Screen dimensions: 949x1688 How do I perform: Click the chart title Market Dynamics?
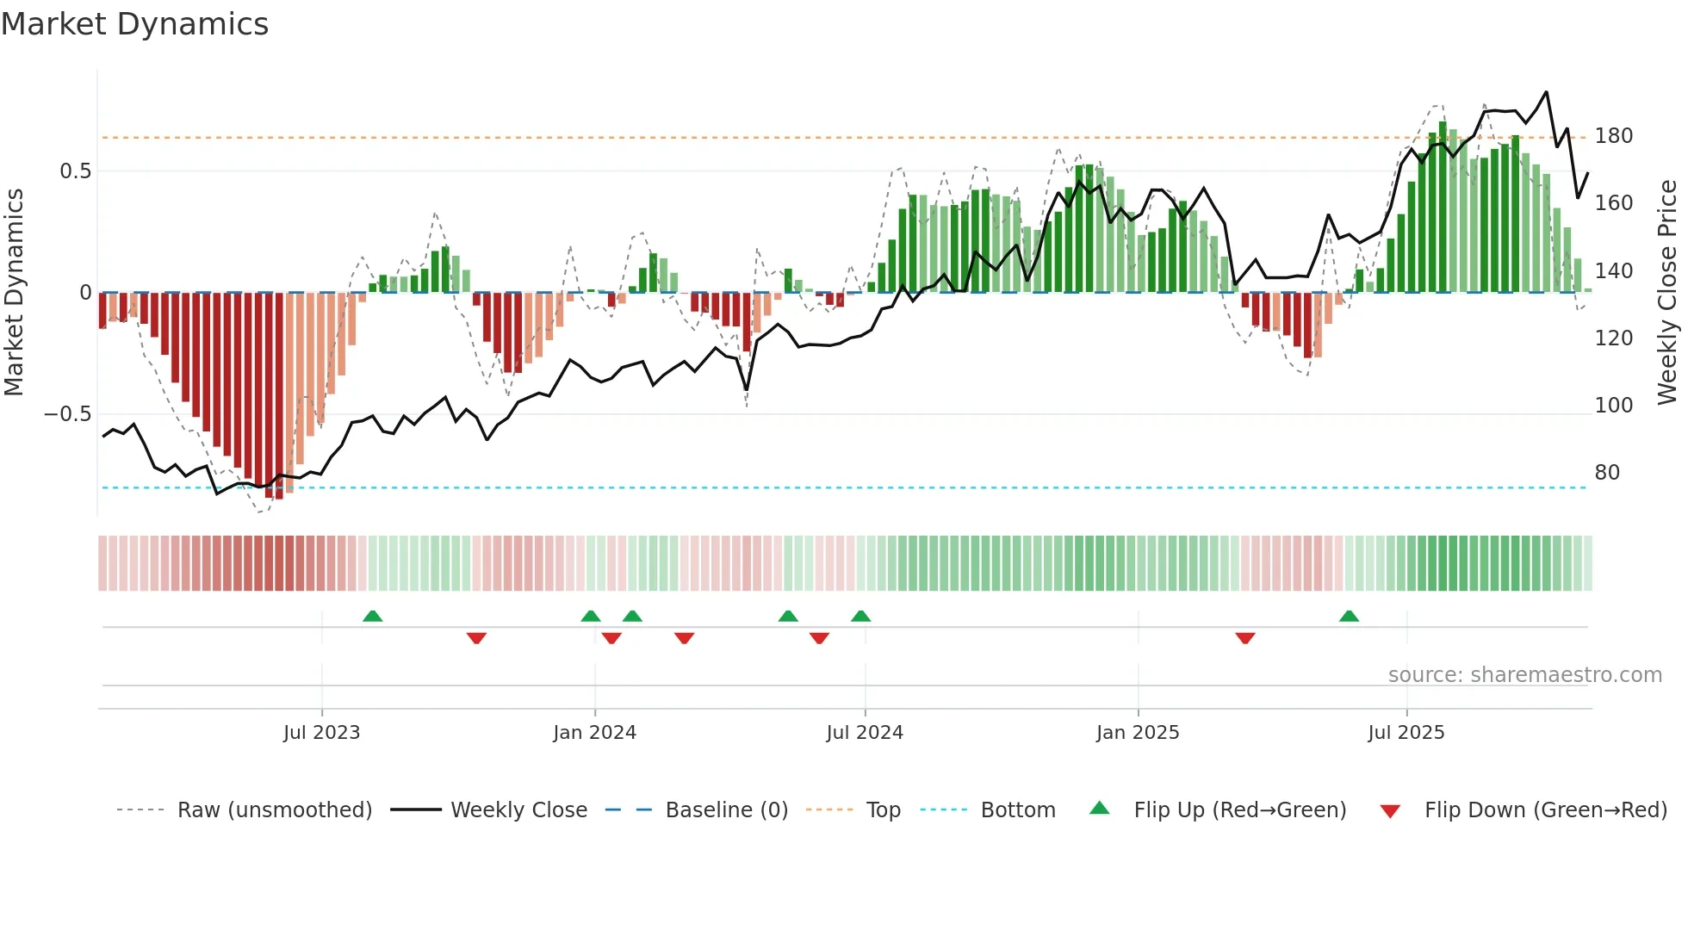point(134,24)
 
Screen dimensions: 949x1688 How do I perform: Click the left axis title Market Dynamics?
point(14,292)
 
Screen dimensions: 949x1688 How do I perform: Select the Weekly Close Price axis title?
point(1667,292)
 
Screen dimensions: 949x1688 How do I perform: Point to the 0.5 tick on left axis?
point(75,171)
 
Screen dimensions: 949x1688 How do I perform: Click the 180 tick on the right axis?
point(1613,136)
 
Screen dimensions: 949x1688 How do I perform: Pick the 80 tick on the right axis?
point(1606,473)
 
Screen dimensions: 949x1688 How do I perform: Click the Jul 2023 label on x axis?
point(321,733)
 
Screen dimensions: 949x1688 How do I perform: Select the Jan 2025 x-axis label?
point(1137,733)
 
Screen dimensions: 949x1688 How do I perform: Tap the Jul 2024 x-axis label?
point(864,733)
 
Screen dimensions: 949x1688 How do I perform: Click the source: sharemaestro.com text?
point(1524,675)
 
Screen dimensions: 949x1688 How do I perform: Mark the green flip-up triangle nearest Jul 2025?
point(1349,617)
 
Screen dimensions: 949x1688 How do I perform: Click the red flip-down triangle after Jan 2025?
point(1244,638)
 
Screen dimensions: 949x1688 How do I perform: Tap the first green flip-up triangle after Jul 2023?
point(372,617)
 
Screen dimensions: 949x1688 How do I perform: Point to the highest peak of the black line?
point(1546,92)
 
